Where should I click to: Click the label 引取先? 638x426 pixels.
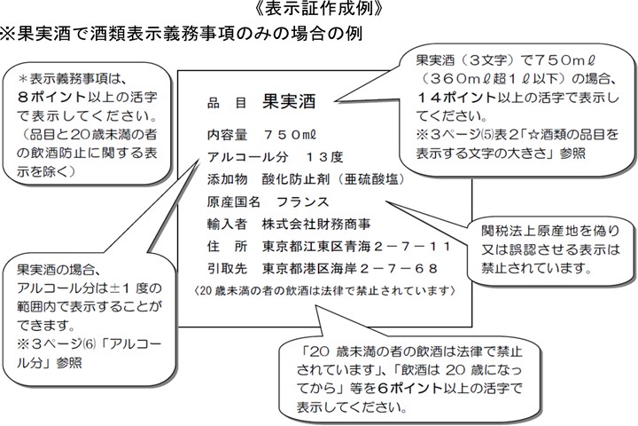click(225, 267)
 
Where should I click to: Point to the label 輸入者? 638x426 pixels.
click(225, 223)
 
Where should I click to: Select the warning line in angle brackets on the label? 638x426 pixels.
click(323, 290)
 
